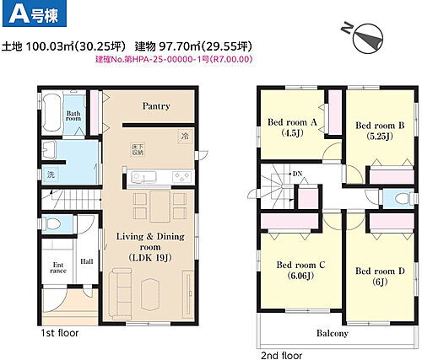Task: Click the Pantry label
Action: (x=156, y=106)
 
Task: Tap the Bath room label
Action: (x=73, y=116)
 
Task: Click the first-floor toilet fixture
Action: (x=51, y=223)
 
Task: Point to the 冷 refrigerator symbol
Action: (x=184, y=135)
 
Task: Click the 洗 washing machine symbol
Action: (x=50, y=175)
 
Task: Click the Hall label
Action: (x=87, y=262)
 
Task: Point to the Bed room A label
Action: (x=291, y=121)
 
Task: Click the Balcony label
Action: (x=332, y=333)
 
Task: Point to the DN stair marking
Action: (x=297, y=175)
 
